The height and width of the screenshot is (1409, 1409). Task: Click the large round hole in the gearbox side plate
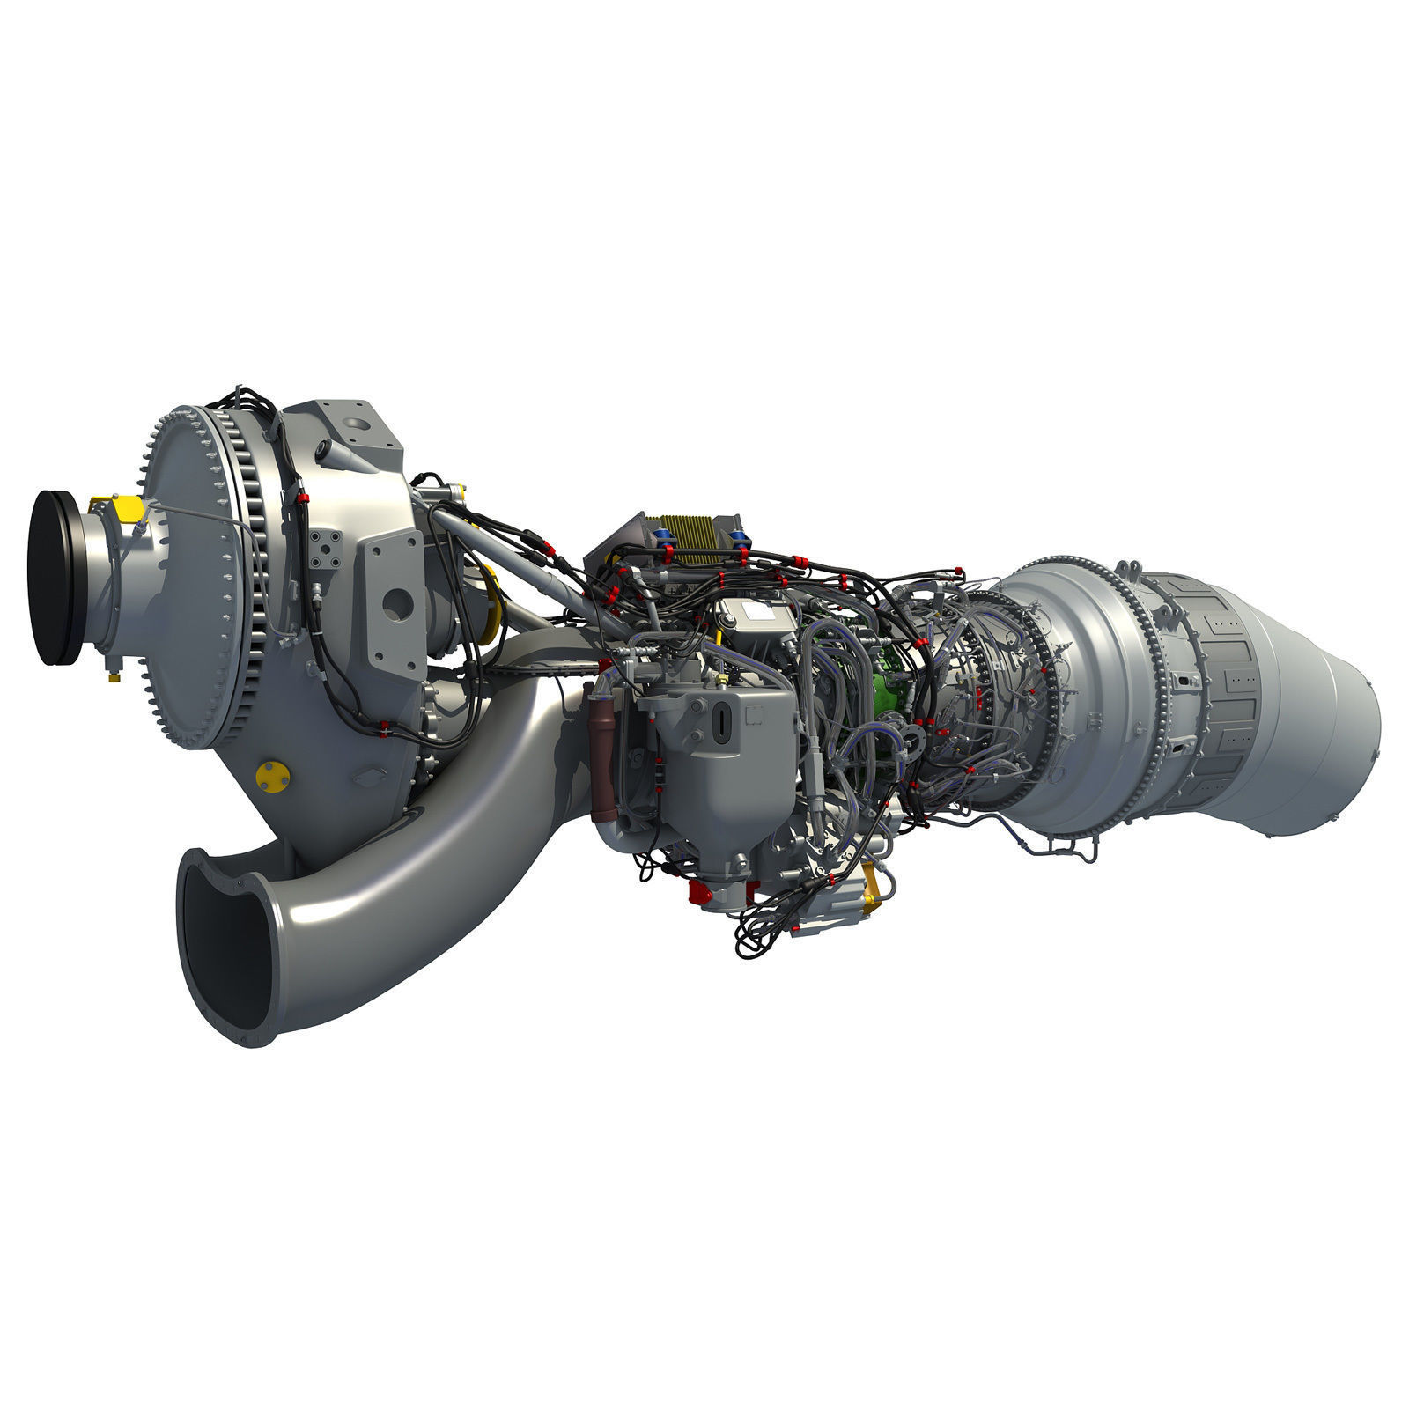click(397, 603)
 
